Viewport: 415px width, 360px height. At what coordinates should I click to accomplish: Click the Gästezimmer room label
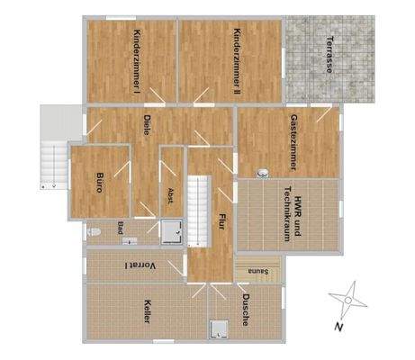coord(294,141)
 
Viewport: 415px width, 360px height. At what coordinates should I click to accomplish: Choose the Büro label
coord(100,184)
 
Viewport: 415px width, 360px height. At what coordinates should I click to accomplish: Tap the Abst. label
coord(171,195)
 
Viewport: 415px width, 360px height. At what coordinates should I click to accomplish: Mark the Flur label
coord(221,222)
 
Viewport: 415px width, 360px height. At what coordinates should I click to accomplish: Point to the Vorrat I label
coord(137,265)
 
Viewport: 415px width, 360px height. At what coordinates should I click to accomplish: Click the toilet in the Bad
coord(94,232)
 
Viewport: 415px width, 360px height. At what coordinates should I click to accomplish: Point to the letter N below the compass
coord(337,327)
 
